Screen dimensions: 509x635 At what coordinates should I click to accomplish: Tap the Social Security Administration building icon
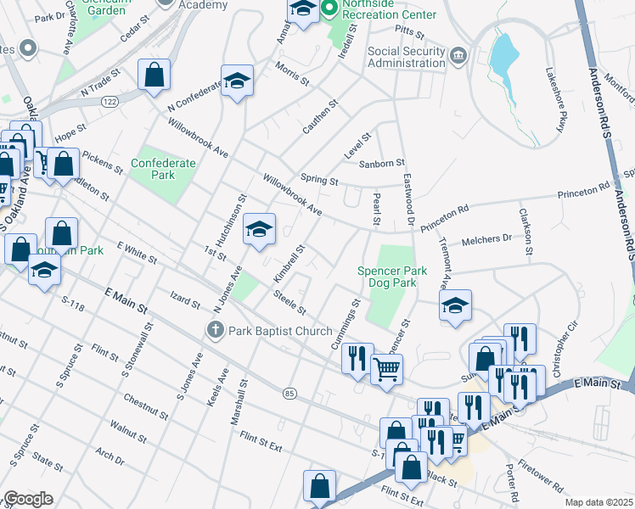458,56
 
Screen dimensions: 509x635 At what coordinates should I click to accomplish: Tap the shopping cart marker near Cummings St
387,370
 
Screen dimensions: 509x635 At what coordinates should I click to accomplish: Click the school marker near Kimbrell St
260,229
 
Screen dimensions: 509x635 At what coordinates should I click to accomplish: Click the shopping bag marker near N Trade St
154,75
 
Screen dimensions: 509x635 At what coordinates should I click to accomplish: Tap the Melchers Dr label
486,240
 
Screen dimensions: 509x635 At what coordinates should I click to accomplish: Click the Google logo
28,499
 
